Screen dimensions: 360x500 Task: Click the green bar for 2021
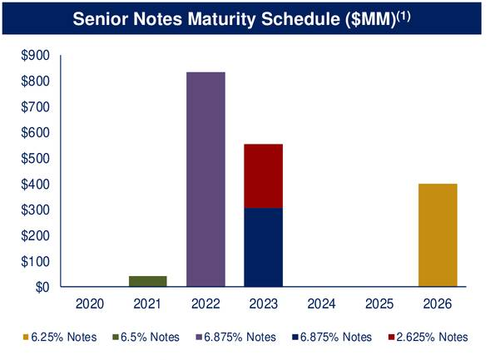point(148,281)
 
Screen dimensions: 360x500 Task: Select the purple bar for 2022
point(205,179)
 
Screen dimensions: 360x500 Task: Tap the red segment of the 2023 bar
point(263,175)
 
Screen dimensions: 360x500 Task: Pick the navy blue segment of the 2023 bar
point(263,247)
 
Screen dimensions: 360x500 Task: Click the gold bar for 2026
point(437,234)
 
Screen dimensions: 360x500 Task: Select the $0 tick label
point(39,288)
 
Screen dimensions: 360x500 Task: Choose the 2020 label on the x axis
point(91,305)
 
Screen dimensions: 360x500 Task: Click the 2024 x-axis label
point(321,305)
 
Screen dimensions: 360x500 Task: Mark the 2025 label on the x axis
point(379,305)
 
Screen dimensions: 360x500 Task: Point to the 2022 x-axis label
point(205,305)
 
